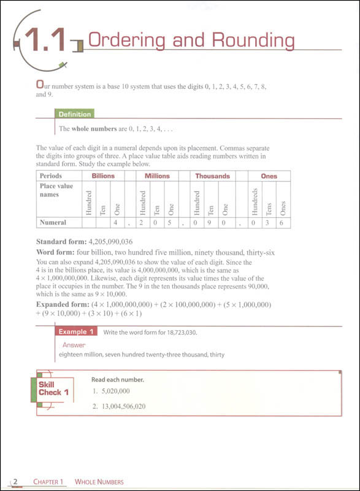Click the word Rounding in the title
pyautogui.click(x=253, y=41)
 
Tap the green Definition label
pyautogui.click(x=74, y=114)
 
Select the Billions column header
pyautogui.click(x=103, y=176)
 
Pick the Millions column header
pyautogui.click(x=157, y=176)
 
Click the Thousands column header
pyautogui.click(x=213, y=176)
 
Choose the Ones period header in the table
pyautogui.click(x=269, y=176)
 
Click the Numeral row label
pyautogui.click(x=53, y=222)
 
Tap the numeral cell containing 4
pyautogui.click(x=115, y=223)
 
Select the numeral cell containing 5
pyautogui.click(x=169, y=223)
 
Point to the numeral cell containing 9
pyautogui.click(x=209, y=223)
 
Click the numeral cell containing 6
pyautogui.click(x=281, y=223)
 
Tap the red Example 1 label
pyautogui.click(x=76, y=331)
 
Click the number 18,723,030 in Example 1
pyautogui.click(x=182, y=332)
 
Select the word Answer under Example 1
pyautogui.click(x=74, y=345)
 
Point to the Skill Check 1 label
pyautogui.click(x=53, y=389)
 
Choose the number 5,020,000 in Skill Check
pyautogui.click(x=115, y=391)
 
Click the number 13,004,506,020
pyautogui.click(x=123, y=406)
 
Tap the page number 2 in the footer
pyautogui.click(x=15, y=481)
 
